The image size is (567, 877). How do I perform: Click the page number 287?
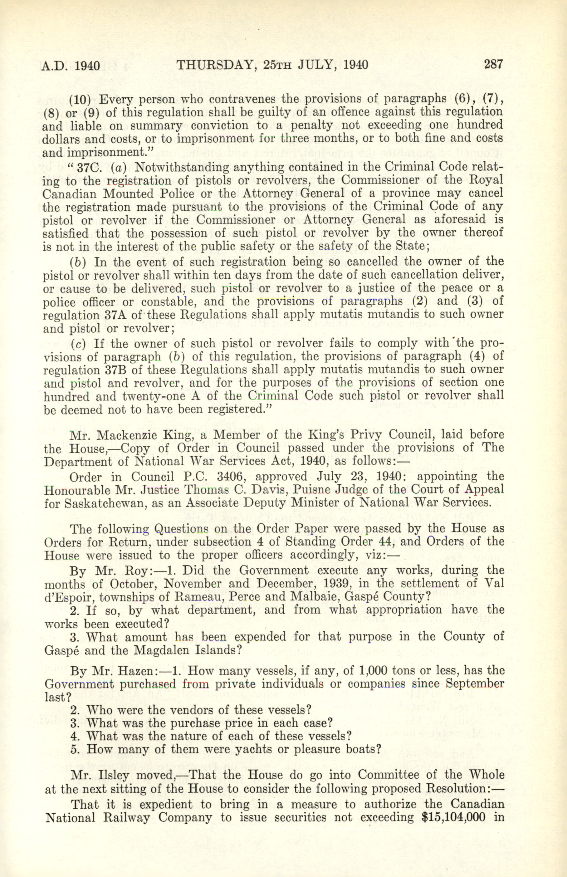pos(493,65)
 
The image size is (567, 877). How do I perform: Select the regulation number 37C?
pos(86,168)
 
